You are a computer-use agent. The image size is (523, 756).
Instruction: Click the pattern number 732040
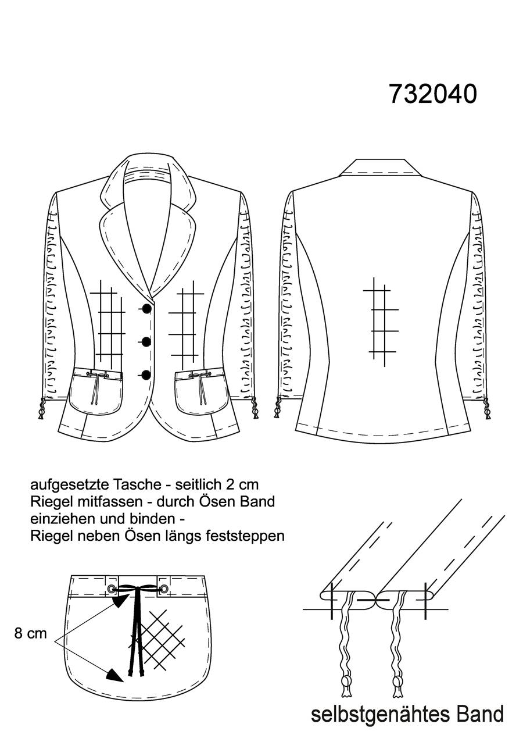[433, 94]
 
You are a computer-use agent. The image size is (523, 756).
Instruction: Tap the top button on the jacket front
[146, 308]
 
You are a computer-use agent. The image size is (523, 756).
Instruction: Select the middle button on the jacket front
[146, 342]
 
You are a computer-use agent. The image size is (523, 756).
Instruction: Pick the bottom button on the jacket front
[146, 375]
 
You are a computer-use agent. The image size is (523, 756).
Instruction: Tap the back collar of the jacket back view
[380, 167]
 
